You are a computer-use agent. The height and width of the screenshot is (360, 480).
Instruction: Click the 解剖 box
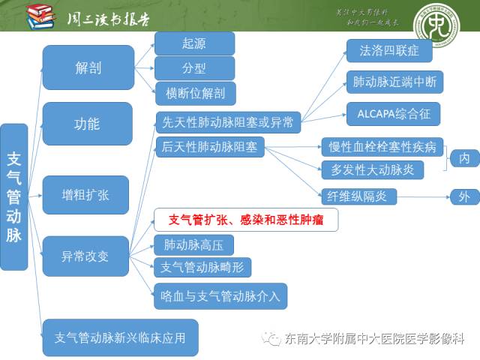[x=88, y=67]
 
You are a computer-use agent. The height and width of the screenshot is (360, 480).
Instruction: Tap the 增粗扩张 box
[x=85, y=194]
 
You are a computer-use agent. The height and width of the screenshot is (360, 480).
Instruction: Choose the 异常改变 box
[x=85, y=256]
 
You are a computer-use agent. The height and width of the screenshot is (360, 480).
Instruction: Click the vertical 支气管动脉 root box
[x=14, y=196]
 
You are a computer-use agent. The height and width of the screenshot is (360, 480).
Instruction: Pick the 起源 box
[x=194, y=43]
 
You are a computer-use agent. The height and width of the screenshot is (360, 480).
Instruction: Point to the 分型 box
[x=194, y=68]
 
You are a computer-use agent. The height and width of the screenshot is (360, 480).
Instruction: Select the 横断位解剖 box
[x=195, y=93]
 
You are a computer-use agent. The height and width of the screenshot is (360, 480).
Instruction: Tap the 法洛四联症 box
[x=388, y=51]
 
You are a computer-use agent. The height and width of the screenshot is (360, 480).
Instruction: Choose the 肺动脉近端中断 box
[x=394, y=82]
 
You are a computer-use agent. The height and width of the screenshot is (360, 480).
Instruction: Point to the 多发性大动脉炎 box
[x=372, y=169]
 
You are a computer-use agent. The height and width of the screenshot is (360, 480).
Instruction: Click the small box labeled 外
[x=463, y=196]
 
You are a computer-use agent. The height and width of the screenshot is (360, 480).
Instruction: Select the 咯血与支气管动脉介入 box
[x=220, y=295]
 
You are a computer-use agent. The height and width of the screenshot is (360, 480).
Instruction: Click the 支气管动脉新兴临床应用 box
[x=120, y=337]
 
